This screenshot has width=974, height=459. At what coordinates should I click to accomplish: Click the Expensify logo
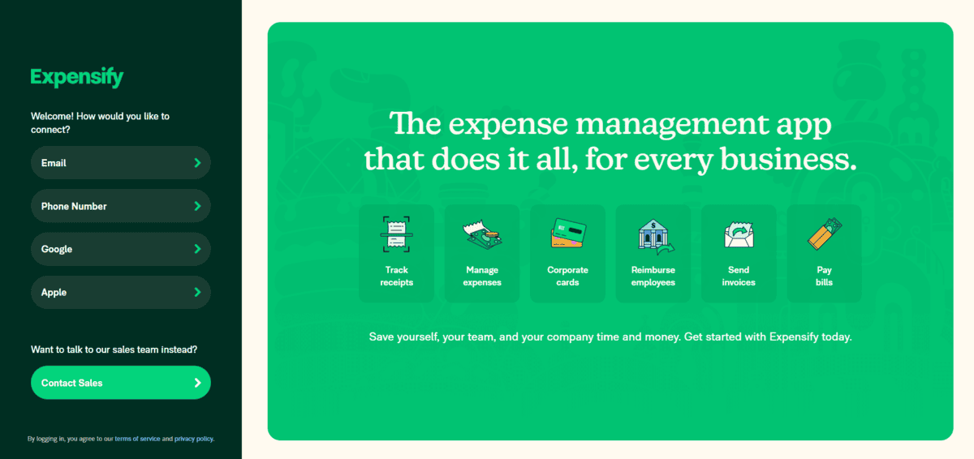(77, 78)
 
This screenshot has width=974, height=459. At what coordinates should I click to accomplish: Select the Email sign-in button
(120, 163)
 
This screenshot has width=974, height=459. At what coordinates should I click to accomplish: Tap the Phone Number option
(120, 206)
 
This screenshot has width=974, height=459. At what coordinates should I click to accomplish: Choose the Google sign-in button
(120, 249)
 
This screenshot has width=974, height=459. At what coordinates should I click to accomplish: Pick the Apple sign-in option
(120, 292)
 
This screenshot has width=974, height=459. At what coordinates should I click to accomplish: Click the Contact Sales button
(120, 383)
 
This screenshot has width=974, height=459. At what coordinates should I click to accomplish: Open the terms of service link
(137, 439)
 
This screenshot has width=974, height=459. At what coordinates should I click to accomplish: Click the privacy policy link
(193, 439)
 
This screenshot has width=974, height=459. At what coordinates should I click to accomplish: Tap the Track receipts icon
(396, 234)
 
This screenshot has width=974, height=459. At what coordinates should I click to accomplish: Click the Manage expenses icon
(482, 234)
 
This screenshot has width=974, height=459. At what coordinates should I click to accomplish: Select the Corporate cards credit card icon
(568, 234)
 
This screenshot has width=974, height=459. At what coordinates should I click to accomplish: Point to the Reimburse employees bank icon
(654, 235)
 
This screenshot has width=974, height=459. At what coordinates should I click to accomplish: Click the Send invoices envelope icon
(739, 234)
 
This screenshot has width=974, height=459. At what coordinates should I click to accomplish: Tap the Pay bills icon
(825, 234)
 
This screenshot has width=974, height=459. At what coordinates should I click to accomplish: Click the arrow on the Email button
(197, 163)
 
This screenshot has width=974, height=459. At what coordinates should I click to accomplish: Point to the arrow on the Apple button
(197, 292)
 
